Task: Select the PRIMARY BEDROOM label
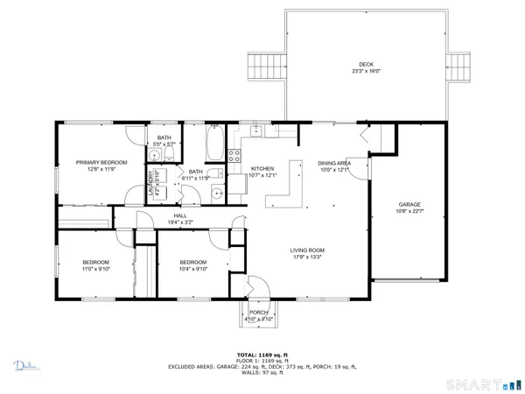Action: click(101, 162)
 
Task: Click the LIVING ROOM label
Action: click(310, 252)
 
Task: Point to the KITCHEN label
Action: click(262, 168)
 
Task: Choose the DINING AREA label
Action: click(334, 163)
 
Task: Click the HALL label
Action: click(180, 215)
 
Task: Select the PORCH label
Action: click(258, 312)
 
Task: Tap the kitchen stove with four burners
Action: click(234, 157)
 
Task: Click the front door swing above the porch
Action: click(256, 285)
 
